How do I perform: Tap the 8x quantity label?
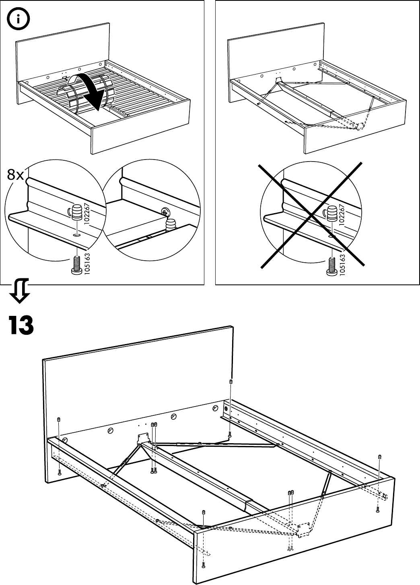(x=15, y=175)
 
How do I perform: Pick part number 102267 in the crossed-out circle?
(x=342, y=217)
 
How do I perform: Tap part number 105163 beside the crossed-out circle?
(x=342, y=264)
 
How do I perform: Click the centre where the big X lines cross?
(x=312, y=214)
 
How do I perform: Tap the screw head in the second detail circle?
(x=165, y=211)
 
